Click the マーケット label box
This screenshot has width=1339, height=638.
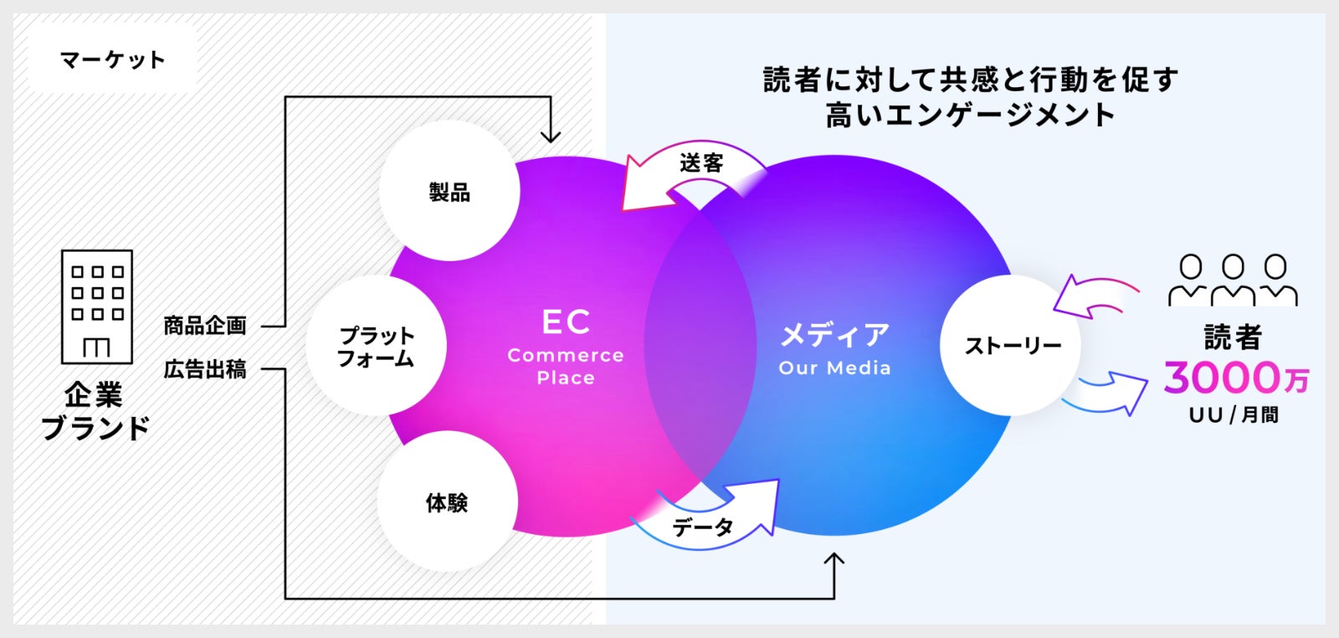click(113, 59)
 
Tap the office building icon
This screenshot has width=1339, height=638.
click(97, 306)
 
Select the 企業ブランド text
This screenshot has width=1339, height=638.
click(95, 411)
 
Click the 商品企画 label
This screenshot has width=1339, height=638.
click(205, 326)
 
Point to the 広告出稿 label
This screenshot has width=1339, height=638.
click(205, 368)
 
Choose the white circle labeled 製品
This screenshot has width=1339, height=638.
click(449, 192)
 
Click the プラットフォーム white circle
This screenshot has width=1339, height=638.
click(376, 346)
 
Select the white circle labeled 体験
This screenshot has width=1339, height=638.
click(447, 502)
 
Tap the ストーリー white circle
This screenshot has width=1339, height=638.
click(1011, 345)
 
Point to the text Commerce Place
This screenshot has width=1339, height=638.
click(566, 366)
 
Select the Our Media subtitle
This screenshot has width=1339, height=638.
click(834, 368)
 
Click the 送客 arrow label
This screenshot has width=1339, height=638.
click(701, 163)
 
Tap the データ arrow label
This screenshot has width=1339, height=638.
click(703, 527)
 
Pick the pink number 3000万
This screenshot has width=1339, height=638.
click(1235, 378)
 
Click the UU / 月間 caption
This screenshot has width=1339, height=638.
click(1234, 414)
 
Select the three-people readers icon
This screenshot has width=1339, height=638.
click(1233, 280)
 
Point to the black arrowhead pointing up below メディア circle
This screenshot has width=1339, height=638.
click(834, 561)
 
